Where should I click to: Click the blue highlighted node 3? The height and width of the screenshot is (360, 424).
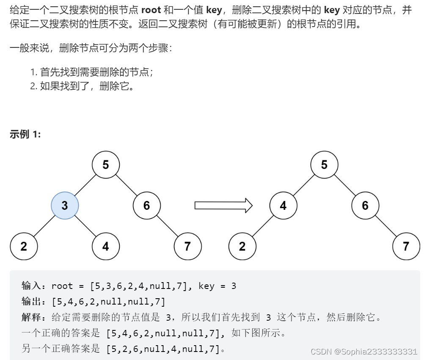click(65, 206)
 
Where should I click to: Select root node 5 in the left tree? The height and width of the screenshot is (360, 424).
click(106, 165)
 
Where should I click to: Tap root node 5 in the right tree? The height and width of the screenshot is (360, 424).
click(324, 165)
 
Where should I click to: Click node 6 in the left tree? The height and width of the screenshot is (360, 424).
click(146, 206)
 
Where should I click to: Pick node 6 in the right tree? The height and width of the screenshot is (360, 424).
click(365, 206)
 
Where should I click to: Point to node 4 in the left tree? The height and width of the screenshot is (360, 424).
click(106, 246)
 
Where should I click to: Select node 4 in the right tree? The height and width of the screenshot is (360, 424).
click(283, 206)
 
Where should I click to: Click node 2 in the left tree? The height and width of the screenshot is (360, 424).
click(24, 246)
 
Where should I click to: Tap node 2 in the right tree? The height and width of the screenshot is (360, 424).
click(242, 246)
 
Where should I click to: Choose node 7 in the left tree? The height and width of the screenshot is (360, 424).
click(187, 246)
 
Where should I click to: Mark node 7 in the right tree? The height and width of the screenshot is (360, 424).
click(406, 246)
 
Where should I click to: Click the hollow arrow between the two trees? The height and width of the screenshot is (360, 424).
click(223, 206)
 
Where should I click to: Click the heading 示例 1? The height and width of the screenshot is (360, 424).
click(25, 135)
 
